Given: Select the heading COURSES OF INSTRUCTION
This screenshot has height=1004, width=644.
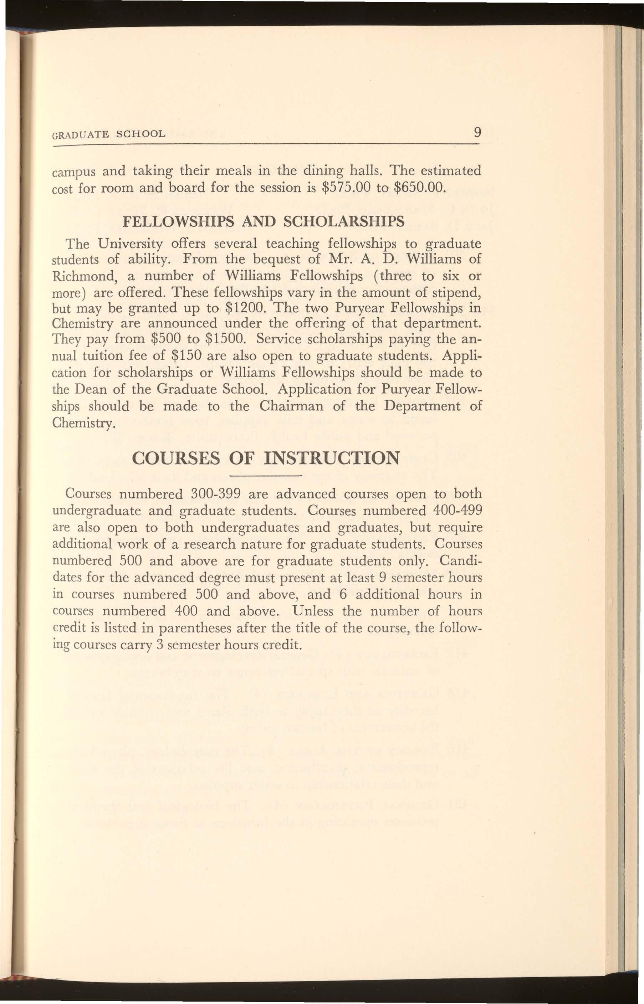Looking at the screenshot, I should click(x=265, y=458).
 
